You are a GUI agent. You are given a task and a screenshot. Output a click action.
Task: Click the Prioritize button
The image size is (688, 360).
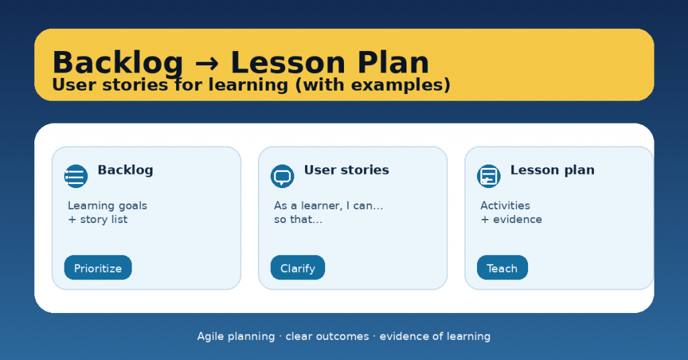(x=98, y=267)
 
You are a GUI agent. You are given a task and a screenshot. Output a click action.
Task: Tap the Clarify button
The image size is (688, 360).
(x=298, y=267)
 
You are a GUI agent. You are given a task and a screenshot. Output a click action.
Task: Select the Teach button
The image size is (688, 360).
(x=503, y=267)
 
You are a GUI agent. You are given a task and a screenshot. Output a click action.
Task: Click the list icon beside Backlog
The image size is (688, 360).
(x=76, y=176)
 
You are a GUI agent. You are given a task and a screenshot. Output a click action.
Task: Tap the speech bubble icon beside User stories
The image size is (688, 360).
(x=282, y=176)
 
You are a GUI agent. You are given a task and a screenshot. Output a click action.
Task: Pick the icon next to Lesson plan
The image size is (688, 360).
(x=488, y=176)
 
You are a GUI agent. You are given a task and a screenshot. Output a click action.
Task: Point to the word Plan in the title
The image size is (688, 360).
(x=393, y=62)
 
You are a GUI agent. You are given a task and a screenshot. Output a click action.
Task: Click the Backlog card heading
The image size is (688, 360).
(x=126, y=170)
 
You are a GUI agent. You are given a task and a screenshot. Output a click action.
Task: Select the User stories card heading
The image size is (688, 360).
(x=347, y=170)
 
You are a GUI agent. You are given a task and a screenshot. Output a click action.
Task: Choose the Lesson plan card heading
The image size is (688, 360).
(x=552, y=170)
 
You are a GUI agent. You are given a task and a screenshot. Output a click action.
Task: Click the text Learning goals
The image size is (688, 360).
(x=107, y=206)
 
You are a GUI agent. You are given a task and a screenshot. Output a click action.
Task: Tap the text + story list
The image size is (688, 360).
(x=98, y=219)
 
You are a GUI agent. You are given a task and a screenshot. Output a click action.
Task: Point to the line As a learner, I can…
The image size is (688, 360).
(x=329, y=206)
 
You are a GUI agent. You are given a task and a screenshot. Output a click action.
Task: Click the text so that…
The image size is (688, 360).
(x=298, y=219)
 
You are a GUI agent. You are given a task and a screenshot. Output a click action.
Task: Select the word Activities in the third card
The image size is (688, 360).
(x=505, y=206)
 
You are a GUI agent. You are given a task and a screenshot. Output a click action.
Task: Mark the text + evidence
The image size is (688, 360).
(x=511, y=219)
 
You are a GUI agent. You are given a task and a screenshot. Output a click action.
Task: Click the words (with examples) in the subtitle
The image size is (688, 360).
(x=373, y=85)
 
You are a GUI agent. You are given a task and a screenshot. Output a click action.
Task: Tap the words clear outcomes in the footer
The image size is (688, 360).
(x=327, y=336)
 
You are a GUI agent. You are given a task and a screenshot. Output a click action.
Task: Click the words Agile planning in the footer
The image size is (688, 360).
(x=236, y=336)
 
